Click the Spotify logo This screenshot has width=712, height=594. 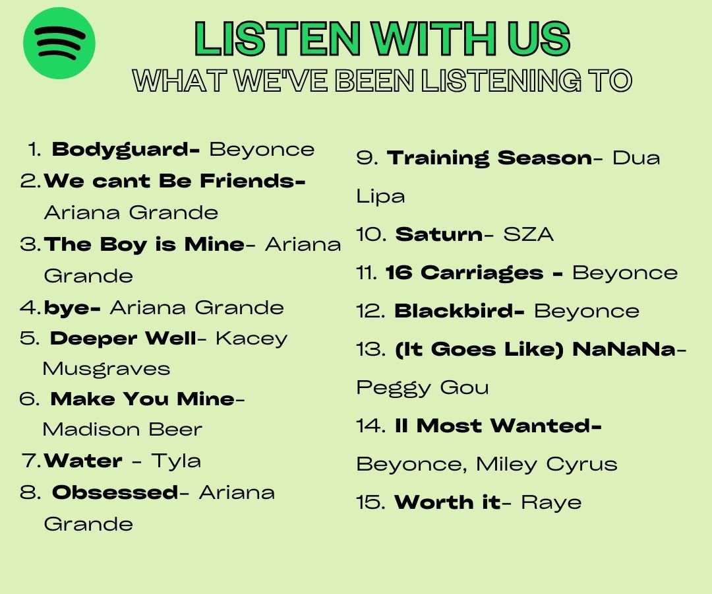tap(59, 44)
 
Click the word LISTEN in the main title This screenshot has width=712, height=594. tap(278, 39)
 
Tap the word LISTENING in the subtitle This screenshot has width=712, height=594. tap(501, 81)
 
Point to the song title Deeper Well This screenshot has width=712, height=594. tap(123, 339)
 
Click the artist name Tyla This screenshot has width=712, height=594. tap(176, 461)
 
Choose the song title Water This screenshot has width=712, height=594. tap(83, 461)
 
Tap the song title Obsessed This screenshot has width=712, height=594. tap(115, 492)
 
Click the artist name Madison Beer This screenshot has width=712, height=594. tap(122, 430)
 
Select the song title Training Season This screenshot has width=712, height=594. tap(489, 158)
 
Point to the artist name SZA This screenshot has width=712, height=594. tap(528, 234)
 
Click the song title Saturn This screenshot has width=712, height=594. tap(439, 234)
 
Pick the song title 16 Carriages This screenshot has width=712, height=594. tap(464, 273)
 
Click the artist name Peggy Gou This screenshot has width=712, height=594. tap(423, 388)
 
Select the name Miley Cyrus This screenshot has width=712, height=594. tap(547, 465)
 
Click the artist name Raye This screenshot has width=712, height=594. tap(551, 503)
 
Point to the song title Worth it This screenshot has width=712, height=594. tap(447, 503)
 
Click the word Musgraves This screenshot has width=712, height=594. tap(106, 369)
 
